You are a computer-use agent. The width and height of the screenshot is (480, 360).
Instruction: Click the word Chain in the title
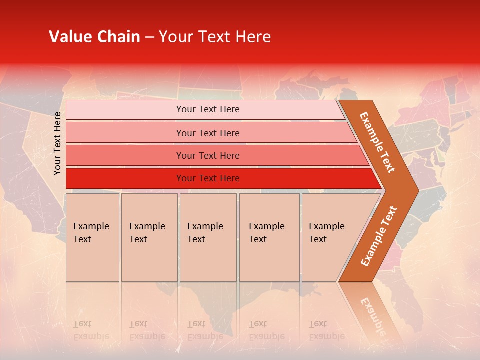click(x=118, y=37)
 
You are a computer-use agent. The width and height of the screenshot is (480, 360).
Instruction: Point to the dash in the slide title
click(x=149, y=37)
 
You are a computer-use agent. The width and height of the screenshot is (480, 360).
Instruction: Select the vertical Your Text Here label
click(x=57, y=143)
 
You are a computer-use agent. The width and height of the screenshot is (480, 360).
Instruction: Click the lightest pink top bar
click(x=207, y=109)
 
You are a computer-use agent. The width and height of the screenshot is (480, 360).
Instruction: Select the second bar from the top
click(x=207, y=133)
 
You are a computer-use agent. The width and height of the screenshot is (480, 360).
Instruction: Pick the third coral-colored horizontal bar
click(x=207, y=155)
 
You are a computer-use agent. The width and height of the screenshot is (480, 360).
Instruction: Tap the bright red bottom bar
click(x=207, y=178)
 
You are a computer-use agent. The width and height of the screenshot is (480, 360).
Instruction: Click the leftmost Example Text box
click(x=92, y=237)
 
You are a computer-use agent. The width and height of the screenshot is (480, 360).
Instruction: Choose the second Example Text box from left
click(x=149, y=237)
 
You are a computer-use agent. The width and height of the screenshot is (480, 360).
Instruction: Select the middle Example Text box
click(x=208, y=237)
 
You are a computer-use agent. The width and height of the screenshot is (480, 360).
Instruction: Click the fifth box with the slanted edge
click(x=330, y=237)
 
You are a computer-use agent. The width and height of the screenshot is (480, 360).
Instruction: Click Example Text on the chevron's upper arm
click(x=378, y=142)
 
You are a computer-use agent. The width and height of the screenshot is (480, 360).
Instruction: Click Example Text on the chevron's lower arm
click(x=379, y=236)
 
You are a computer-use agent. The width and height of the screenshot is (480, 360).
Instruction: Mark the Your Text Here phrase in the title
click(x=215, y=37)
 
